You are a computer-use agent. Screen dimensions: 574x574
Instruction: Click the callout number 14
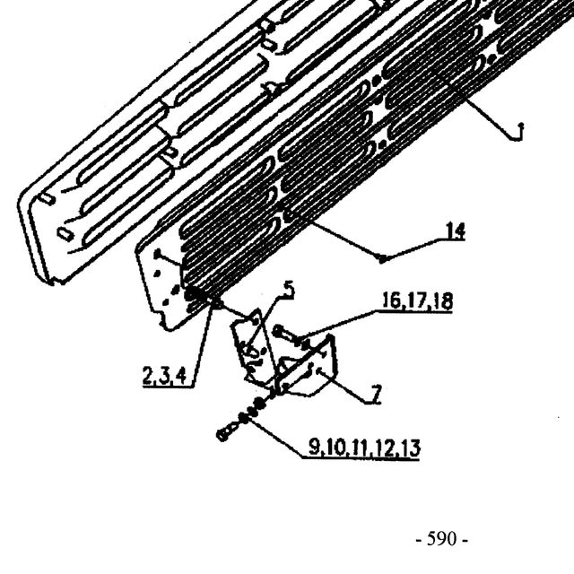tap(455, 231)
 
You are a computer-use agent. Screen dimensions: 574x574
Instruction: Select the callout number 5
tap(289, 290)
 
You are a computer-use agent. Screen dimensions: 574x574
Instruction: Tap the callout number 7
tap(376, 395)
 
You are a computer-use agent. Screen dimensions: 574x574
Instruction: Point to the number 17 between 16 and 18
tap(417, 301)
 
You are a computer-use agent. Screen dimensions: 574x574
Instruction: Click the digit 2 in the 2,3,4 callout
tap(148, 376)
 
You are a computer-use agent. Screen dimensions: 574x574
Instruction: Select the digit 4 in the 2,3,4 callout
tap(181, 376)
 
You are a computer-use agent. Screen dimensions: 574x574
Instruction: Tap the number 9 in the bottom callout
tap(314, 447)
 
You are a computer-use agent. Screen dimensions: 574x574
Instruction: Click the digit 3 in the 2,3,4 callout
tap(164, 376)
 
